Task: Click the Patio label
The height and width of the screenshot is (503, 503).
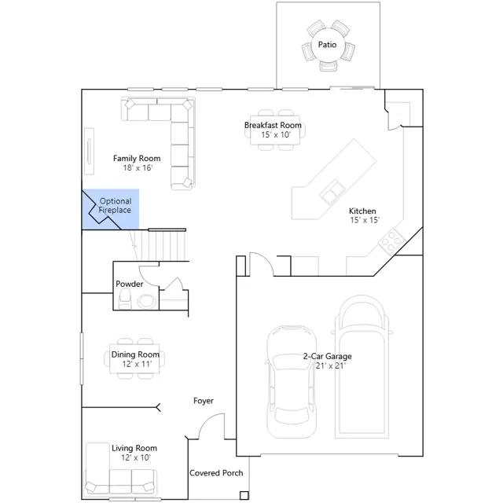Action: pos(327,45)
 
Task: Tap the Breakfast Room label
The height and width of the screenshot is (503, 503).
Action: pos(273,125)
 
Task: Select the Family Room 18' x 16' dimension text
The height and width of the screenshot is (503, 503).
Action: pos(138,167)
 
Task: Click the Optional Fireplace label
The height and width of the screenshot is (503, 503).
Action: pos(116,206)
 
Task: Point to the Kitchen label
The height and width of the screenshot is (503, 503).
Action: pos(362,211)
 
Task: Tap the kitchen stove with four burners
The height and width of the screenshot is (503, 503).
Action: pos(392,241)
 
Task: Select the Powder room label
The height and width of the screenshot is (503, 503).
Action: pos(129,284)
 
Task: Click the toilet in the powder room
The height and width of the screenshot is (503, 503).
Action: pos(125,299)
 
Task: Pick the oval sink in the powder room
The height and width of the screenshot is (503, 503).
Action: pos(147,301)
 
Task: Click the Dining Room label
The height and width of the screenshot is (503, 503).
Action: pos(135,354)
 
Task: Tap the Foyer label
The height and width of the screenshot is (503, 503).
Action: pos(204,401)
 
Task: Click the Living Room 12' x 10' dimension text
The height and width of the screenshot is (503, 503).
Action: pos(136,457)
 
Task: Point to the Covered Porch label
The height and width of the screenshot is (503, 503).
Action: pos(216,473)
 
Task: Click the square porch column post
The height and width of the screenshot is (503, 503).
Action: pos(244,496)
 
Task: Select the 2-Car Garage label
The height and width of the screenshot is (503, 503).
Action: pos(327,356)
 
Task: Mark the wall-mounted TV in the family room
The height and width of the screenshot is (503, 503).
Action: pos(89,152)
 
